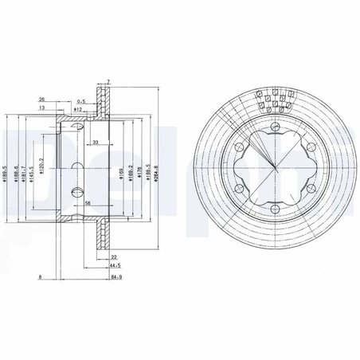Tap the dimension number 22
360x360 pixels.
pos(115,256)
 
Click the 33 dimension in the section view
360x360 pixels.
pos(95,142)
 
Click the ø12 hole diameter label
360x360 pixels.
pos(80,109)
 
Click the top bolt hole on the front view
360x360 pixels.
pos(275,129)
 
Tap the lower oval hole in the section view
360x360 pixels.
pos(76,191)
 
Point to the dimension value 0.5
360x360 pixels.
pos(81,101)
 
